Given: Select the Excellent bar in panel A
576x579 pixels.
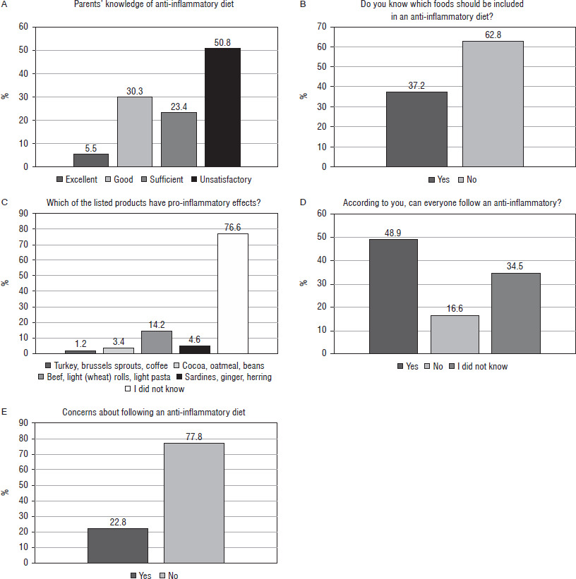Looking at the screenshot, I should pyautogui.click(x=91, y=160).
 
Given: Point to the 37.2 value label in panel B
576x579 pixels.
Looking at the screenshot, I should pyautogui.click(x=416, y=85).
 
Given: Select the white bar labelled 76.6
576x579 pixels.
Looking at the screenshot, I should pyautogui.click(x=232, y=293).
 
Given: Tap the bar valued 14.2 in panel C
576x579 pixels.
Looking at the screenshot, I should pyautogui.click(x=156, y=342).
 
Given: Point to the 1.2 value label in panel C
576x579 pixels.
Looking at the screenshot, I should pyautogui.click(x=80, y=343).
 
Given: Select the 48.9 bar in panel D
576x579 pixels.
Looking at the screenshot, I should pyautogui.click(x=394, y=295).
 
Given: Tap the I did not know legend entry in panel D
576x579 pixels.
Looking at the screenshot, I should pyautogui.click(x=479, y=367).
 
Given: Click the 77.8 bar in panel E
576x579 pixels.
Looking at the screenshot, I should pyautogui.click(x=194, y=502).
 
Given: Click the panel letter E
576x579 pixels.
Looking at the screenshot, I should pyautogui.click(x=6, y=409).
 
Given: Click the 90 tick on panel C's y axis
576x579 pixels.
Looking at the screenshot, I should pyautogui.click(x=23, y=214).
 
